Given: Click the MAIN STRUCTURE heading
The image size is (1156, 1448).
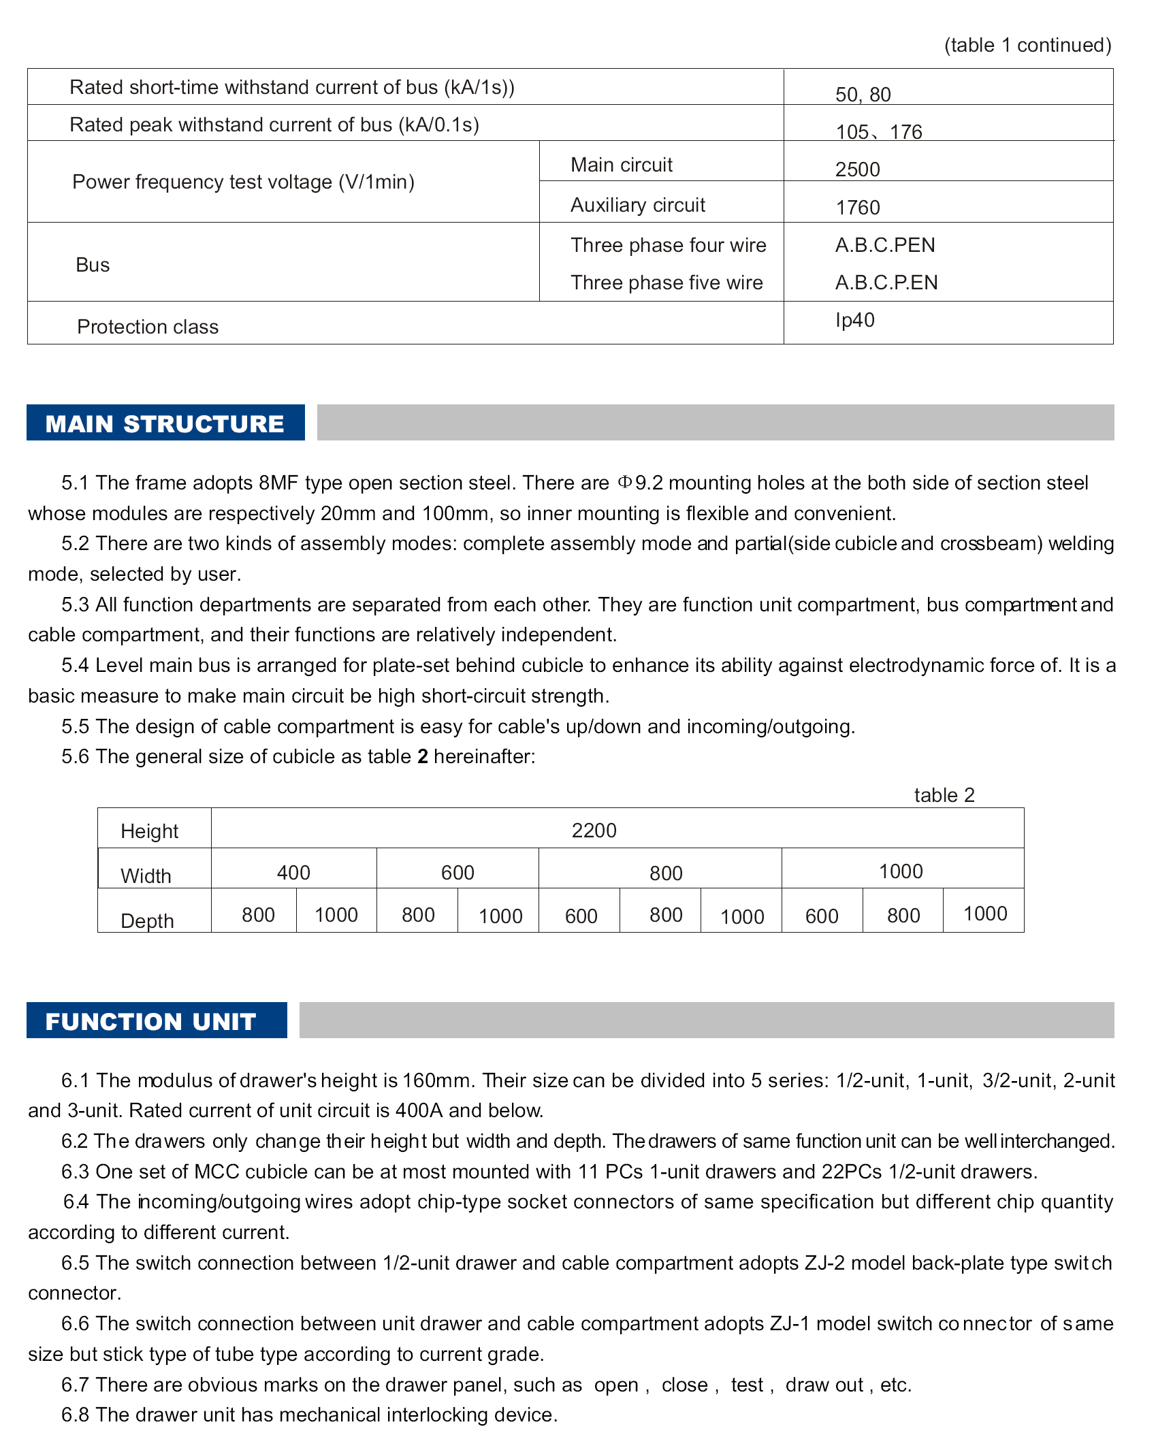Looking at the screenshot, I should (x=165, y=423).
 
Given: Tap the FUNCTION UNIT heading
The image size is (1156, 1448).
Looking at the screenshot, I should (x=150, y=1021).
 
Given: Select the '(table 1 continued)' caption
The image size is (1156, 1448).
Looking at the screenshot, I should (x=1027, y=45).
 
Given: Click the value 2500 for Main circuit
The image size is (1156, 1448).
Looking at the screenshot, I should (x=857, y=170).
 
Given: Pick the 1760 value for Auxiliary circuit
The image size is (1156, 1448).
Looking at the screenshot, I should (x=857, y=208).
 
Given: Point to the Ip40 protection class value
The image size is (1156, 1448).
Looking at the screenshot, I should (x=854, y=320).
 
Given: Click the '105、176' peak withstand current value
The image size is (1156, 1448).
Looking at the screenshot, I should (x=878, y=132).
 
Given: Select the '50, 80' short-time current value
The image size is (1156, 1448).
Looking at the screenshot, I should (x=863, y=95).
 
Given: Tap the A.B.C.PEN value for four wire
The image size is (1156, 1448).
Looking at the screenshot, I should (x=884, y=245).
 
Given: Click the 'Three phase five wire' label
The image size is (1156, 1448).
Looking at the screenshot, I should (x=667, y=283).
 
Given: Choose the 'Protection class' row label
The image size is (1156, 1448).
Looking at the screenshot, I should (x=148, y=327).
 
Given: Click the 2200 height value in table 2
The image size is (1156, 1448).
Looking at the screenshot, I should (x=594, y=831).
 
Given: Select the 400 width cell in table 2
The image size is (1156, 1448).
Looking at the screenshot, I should (x=293, y=873).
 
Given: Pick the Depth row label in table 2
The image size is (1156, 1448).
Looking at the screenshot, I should (x=147, y=921).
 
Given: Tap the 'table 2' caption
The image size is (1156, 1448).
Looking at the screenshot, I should (x=944, y=795).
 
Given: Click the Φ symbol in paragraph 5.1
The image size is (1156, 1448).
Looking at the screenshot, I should (x=624, y=483).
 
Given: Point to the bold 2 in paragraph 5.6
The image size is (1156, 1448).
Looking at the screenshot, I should (x=423, y=757).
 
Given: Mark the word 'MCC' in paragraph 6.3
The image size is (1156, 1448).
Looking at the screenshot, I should (x=216, y=1172).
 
